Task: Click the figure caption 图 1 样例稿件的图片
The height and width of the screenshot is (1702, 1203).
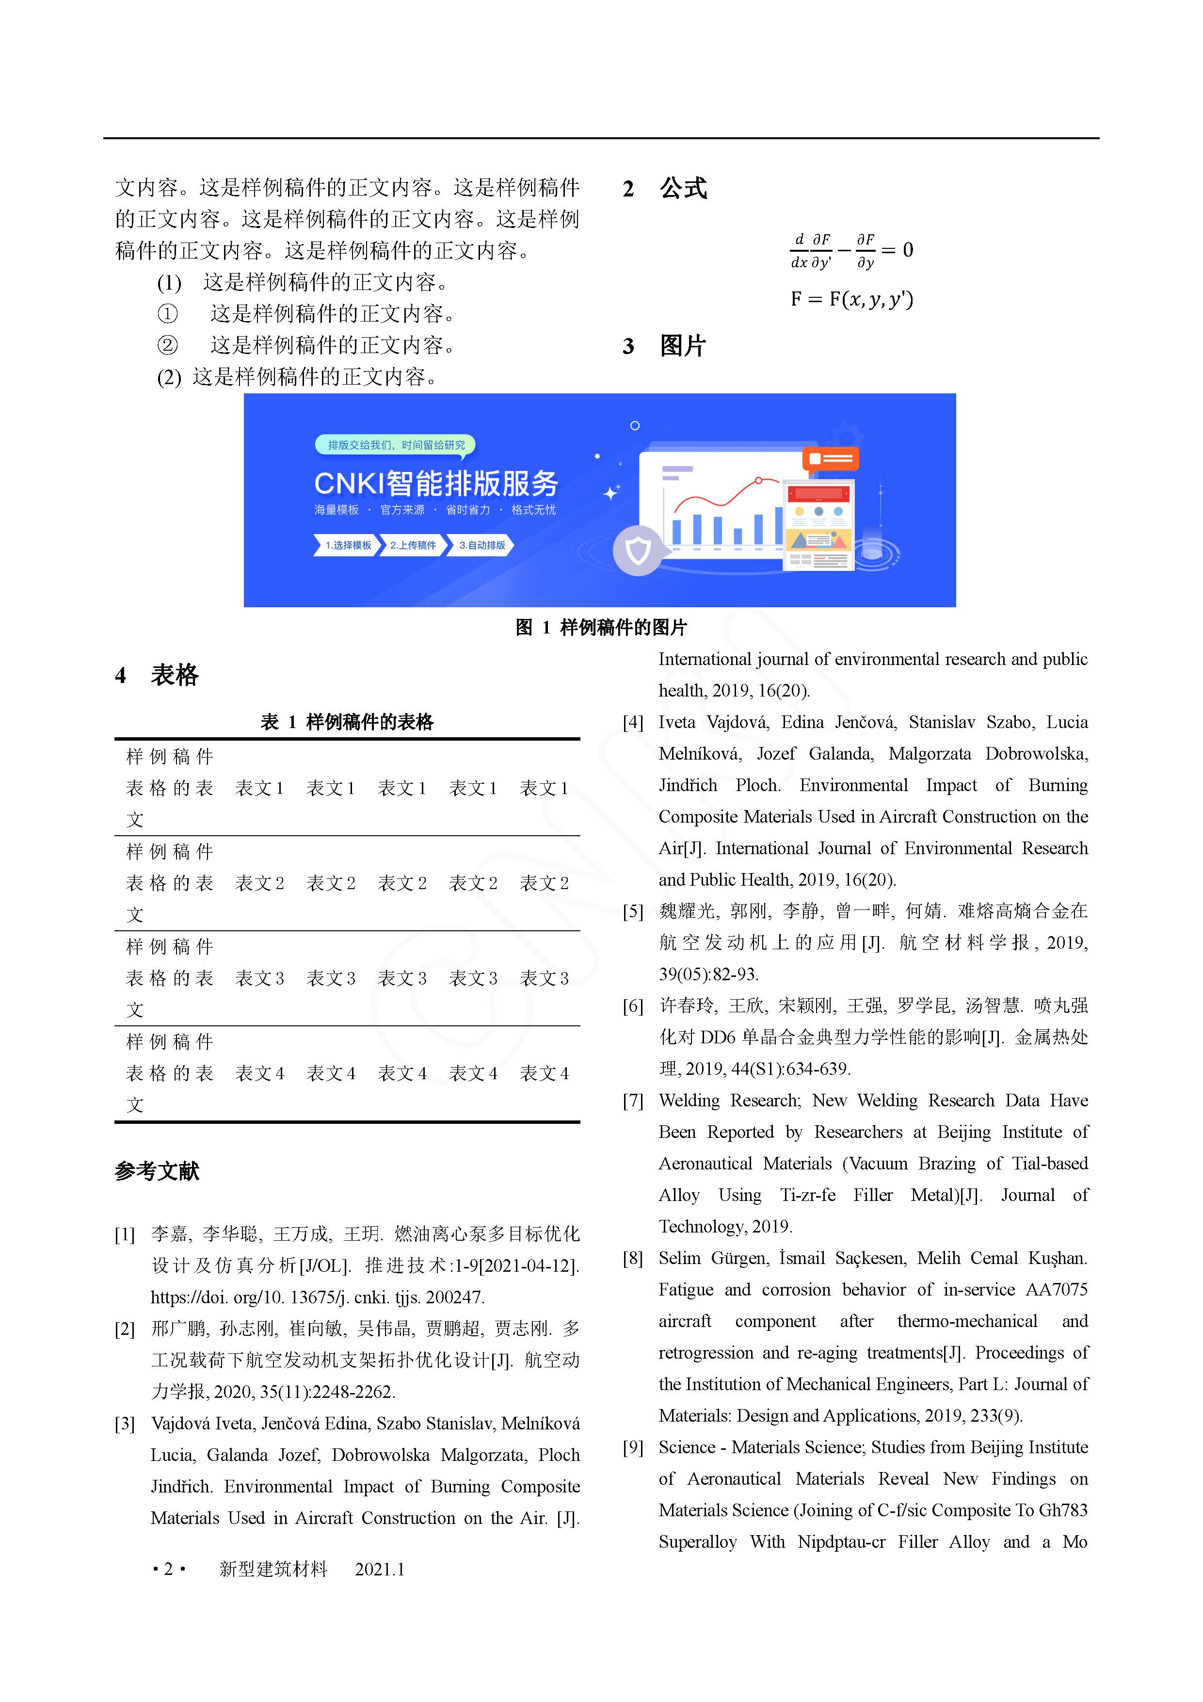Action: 601,627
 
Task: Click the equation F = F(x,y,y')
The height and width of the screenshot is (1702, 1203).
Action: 851,299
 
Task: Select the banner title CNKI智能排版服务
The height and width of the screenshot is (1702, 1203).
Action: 436,483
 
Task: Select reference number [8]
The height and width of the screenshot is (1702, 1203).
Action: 633,1258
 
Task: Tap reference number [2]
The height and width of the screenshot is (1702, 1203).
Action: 125,1329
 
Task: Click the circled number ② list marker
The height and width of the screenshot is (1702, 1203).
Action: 167,345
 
